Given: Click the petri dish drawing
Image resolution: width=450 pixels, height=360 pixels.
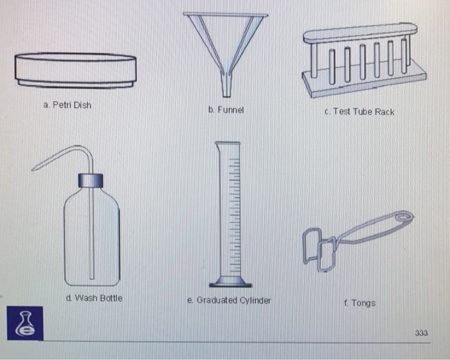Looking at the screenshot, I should coord(76,69).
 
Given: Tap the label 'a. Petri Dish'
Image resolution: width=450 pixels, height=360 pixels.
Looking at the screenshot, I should coord(67,105).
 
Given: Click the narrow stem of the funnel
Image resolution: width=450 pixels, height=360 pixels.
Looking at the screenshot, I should coord(226,84).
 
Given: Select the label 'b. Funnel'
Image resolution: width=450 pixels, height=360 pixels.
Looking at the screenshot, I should coord(226,110).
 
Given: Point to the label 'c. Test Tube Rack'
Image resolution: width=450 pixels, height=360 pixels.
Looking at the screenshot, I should coord(359,112).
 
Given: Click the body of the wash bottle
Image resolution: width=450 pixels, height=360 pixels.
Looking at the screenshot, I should coord(91,238).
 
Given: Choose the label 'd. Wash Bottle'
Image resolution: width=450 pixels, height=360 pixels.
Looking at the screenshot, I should coord(94,298).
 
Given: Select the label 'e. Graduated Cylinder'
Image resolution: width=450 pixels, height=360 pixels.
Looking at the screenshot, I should coord(229,300).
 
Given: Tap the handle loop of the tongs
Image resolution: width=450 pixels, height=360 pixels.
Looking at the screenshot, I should coord(403,217).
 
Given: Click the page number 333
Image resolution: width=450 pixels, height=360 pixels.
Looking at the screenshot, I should coord(421,333).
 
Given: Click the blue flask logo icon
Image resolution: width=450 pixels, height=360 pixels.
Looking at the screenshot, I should coord(26,323).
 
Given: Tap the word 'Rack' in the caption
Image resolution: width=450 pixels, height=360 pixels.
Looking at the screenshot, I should coord(384,112).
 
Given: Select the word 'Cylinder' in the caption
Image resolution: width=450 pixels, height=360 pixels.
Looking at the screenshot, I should coord(254,300).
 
